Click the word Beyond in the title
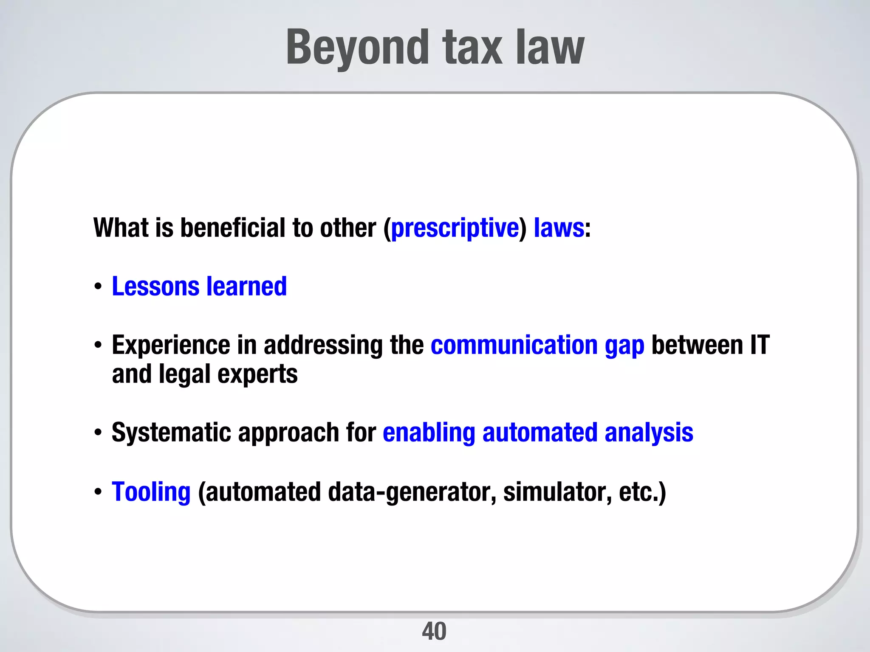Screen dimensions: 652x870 (357, 48)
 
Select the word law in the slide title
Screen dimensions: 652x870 (550, 48)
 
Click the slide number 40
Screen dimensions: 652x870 (434, 631)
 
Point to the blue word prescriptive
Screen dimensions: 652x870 (455, 228)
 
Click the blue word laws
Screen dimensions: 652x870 (559, 228)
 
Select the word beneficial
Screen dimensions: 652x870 (233, 228)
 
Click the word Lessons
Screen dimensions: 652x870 (155, 287)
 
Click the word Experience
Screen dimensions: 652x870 (171, 345)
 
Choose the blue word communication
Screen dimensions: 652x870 (514, 345)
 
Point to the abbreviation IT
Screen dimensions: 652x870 (760, 345)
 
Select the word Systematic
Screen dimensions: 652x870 (171, 433)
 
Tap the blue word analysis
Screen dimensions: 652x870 (649, 433)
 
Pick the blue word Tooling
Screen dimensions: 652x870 (151, 492)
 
